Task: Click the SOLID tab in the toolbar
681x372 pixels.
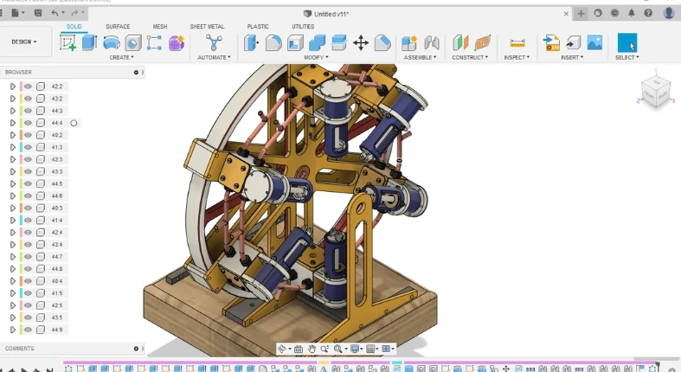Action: tap(74, 27)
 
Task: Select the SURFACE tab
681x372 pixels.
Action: tap(118, 27)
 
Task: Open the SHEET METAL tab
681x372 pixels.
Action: tap(207, 27)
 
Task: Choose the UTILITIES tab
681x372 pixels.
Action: tap(303, 27)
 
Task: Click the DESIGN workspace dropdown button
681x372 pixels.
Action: tap(24, 42)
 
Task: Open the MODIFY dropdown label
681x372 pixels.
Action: tap(316, 57)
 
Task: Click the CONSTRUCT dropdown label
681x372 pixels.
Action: tap(471, 57)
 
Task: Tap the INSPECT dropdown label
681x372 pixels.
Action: tap(517, 57)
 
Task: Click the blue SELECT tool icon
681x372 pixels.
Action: tap(626, 42)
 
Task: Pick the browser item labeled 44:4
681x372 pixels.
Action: tap(57, 123)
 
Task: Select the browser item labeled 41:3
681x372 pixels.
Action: tap(57, 147)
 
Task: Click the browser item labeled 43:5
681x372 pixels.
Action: tap(57, 317)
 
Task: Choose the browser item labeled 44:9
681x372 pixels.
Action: tap(57, 330)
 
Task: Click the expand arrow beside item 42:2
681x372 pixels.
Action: tap(12, 87)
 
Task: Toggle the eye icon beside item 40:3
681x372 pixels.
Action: tap(28, 208)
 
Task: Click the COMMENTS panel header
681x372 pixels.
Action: tap(20, 349)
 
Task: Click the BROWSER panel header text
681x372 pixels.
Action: tap(18, 72)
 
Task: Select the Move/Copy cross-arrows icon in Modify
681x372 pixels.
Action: tap(361, 42)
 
